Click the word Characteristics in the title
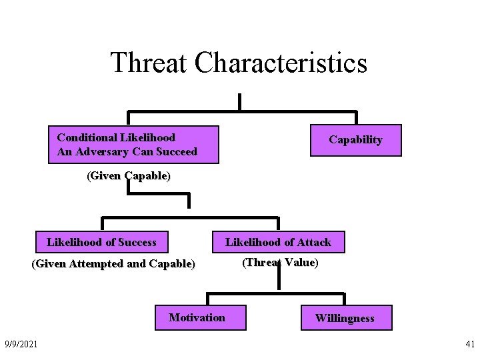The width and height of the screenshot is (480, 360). coord(281,63)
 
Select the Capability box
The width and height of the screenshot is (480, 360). coord(356,140)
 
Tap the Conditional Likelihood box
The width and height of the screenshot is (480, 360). coord(133,145)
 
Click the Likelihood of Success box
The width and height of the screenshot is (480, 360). coord(101,242)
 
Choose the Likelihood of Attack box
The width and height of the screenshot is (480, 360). coord(278,242)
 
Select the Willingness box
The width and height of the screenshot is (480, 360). coord(345,318)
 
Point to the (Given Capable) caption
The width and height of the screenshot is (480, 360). coord(128,177)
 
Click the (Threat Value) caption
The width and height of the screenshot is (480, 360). coord(280,263)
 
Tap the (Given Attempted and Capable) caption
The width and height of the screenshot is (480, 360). coord(113,264)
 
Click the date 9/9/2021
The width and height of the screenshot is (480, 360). coord(21,343)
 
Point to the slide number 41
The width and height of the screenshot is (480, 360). coord(469,344)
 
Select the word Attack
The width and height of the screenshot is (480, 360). coord(313,242)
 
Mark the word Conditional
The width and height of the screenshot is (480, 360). coord(87,138)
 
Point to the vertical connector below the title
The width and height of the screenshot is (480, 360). coord(239,101)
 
